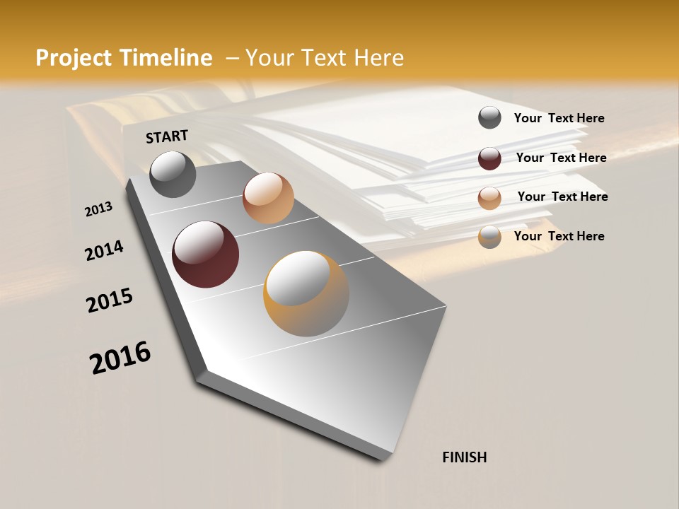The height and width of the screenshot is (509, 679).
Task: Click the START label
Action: pyautogui.click(x=167, y=136)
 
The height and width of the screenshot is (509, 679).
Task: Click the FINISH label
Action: pyautogui.click(x=464, y=457)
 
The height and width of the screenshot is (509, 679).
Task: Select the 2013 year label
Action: pyautogui.click(x=98, y=209)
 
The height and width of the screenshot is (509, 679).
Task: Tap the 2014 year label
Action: pyautogui.click(x=104, y=250)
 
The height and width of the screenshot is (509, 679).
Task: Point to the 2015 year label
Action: pyautogui.click(x=110, y=300)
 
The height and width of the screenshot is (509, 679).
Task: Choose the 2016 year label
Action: pyautogui.click(x=120, y=358)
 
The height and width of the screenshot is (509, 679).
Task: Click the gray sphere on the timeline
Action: pyautogui.click(x=173, y=175)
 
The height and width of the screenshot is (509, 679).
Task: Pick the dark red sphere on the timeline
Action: pyautogui.click(x=205, y=255)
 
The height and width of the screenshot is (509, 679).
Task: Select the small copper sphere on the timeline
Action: pyautogui.click(x=268, y=198)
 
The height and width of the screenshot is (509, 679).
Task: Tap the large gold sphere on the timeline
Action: pyautogui.click(x=306, y=293)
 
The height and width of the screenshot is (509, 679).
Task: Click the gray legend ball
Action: pyautogui.click(x=489, y=117)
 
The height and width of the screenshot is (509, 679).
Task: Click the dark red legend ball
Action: pyautogui.click(x=489, y=158)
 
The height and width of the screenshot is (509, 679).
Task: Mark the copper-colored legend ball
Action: pyautogui.click(x=489, y=197)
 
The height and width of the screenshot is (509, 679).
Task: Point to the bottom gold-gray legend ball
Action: pyautogui.click(x=489, y=237)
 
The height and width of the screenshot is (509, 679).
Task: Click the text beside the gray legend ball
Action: pyautogui.click(x=559, y=118)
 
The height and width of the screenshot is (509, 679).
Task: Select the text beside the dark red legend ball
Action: pyautogui.click(x=561, y=158)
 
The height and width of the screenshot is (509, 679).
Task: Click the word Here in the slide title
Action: pyautogui.click(x=378, y=57)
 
